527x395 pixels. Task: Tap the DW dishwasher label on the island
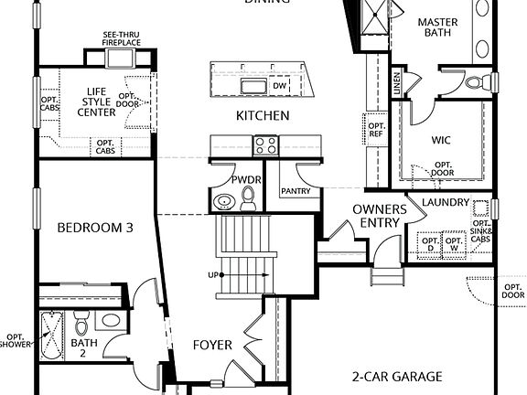[x=280, y=85]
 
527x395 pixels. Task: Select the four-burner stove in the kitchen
[x=265, y=144]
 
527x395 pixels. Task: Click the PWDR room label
[x=246, y=180]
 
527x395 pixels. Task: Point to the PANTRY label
[x=296, y=192]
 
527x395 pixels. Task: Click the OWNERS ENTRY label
[x=379, y=216]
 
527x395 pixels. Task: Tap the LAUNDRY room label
[x=446, y=202]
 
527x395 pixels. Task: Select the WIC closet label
[x=443, y=141]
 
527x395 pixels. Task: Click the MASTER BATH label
[x=437, y=28]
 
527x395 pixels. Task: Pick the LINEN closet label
[x=396, y=83]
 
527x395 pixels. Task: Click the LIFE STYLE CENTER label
[x=97, y=101]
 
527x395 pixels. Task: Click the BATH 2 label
[x=83, y=349]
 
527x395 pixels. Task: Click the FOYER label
[x=211, y=345]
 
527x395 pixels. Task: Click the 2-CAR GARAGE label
[x=397, y=376]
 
